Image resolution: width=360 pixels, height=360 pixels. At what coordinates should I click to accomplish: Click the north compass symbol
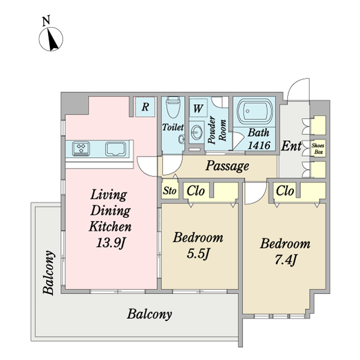click(x=51, y=39)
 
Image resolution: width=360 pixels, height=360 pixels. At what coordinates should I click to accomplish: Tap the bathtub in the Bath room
click(x=255, y=111)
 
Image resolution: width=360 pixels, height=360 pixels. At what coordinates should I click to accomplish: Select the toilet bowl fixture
click(x=173, y=107)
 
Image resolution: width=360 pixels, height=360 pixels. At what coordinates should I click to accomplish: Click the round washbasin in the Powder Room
click(x=197, y=132)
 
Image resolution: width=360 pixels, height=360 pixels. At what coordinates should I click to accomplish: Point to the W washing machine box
click(x=198, y=108)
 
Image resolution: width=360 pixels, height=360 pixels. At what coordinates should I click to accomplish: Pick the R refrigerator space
click(x=145, y=107)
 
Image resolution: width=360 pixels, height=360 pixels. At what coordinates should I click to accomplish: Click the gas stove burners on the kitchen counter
click(x=81, y=149)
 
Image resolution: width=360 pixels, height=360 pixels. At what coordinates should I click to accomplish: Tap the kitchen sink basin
click(x=115, y=149)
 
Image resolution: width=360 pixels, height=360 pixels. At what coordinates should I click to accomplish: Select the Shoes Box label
click(x=318, y=149)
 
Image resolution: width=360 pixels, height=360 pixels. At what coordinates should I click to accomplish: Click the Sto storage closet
click(x=170, y=190)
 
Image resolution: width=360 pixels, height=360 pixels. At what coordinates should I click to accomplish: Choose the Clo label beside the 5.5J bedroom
click(x=196, y=191)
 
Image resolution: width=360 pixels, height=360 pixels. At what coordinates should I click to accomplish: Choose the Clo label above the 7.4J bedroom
click(x=285, y=191)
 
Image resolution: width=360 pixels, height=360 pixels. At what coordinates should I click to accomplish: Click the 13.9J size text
click(x=110, y=242)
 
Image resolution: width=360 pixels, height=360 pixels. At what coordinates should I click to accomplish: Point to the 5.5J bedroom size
click(x=198, y=253)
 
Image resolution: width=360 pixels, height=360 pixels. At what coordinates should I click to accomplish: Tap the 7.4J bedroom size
click(x=286, y=260)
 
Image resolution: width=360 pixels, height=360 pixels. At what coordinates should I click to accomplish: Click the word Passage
click(x=227, y=166)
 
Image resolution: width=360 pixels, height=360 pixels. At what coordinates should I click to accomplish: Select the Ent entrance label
click(x=291, y=146)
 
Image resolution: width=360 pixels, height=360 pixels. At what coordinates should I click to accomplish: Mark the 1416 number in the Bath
click(x=259, y=145)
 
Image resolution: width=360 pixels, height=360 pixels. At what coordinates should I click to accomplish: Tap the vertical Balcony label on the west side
click(x=49, y=272)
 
